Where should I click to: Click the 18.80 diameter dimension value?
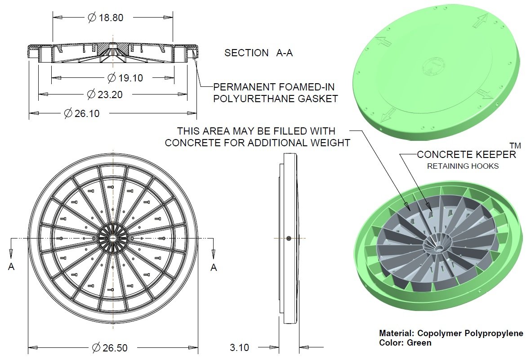click(111, 18)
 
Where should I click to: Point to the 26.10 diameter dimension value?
click(87, 113)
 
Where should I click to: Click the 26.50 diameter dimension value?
click(115, 347)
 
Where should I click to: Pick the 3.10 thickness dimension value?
click(239, 347)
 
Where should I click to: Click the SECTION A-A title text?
click(259, 53)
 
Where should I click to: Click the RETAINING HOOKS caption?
click(463, 166)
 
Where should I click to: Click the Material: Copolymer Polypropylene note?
click(451, 333)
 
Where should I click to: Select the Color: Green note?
click(405, 343)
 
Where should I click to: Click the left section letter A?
click(11, 267)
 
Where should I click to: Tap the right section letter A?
click(214, 267)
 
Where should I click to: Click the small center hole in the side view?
click(288, 238)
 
